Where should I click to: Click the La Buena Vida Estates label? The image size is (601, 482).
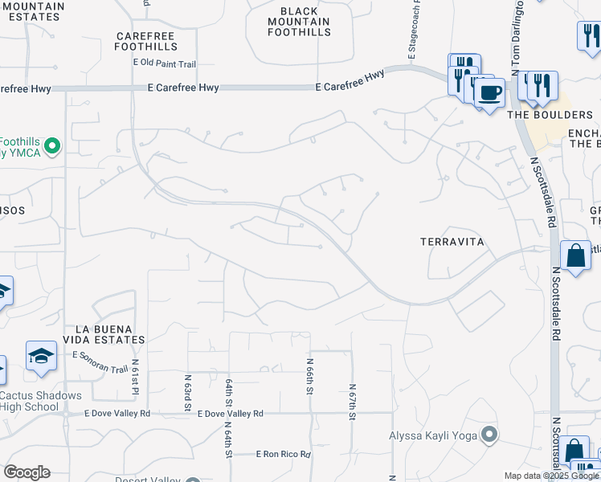(110, 334)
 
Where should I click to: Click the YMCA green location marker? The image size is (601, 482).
(52, 146)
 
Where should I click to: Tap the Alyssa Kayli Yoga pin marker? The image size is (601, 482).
(489, 436)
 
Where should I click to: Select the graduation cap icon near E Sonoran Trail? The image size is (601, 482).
(40, 356)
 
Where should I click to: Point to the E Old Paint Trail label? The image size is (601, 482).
(165, 63)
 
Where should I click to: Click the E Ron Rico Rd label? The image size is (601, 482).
(283, 454)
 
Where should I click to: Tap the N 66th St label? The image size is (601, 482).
(309, 376)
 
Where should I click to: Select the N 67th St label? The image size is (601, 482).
(352, 402)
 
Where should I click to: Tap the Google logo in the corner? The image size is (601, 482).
(27, 472)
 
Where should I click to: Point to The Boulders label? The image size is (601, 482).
(538, 115)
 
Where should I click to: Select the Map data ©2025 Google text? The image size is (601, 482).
(550, 476)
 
